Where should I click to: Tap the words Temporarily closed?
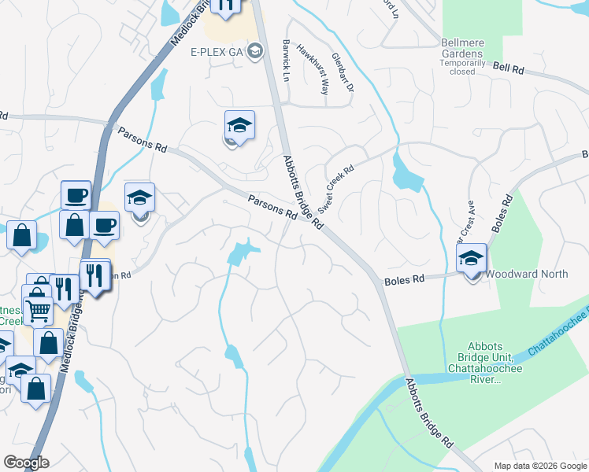[463, 66]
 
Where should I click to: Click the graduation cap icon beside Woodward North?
[472, 258]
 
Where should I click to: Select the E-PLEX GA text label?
[216, 52]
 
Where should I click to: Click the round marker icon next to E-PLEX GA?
[255, 52]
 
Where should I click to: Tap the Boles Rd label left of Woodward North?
[404, 280]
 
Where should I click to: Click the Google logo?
[26, 462]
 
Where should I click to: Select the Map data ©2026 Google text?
[540, 466]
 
